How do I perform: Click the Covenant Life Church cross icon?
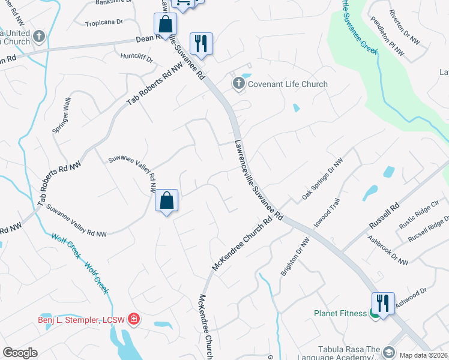tap(239, 84)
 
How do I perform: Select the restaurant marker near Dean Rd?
tap(200, 44)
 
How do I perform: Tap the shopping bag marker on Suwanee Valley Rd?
tap(167, 201)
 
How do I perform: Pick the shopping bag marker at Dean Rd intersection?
tap(164, 25)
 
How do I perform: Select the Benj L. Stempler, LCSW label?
tap(81, 319)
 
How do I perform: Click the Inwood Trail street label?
tap(328, 212)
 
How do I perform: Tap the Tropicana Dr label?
tap(103, 22)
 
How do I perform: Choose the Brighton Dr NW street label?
tap(295, 257)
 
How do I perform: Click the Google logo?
tap(20, 353)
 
